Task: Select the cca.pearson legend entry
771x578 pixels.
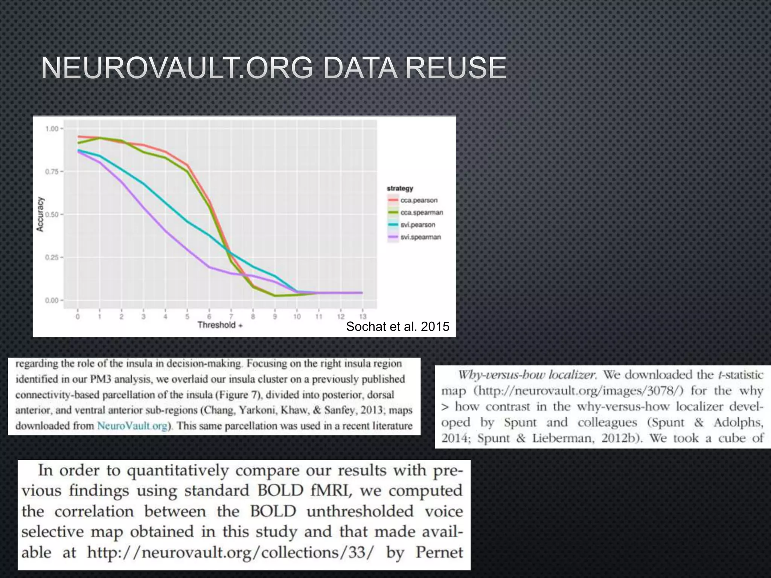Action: pos(419,201)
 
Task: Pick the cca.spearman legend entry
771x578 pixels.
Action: pos(421,213)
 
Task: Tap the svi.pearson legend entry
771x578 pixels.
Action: pos(417,225)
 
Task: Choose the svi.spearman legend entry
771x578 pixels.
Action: pos(420,237)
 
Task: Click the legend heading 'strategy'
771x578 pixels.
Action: pos(400,188)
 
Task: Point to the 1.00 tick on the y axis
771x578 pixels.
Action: pos(52,129)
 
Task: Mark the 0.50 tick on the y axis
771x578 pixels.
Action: pos(52,215)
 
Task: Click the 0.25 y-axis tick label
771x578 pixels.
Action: pos(52,258)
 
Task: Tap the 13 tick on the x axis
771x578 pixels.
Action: pos(363,316)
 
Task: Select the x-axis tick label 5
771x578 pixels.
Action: pos(187,316)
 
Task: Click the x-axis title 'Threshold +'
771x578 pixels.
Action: pos(220,325)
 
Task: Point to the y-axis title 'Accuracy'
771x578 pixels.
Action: pos(40,214)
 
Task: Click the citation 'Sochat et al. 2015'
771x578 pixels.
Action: pos(398,327)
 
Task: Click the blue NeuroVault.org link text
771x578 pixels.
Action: pos(132,426)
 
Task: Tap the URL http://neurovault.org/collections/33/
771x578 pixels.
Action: pos(231,553)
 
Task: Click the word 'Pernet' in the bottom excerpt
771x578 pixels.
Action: pos(439,553)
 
